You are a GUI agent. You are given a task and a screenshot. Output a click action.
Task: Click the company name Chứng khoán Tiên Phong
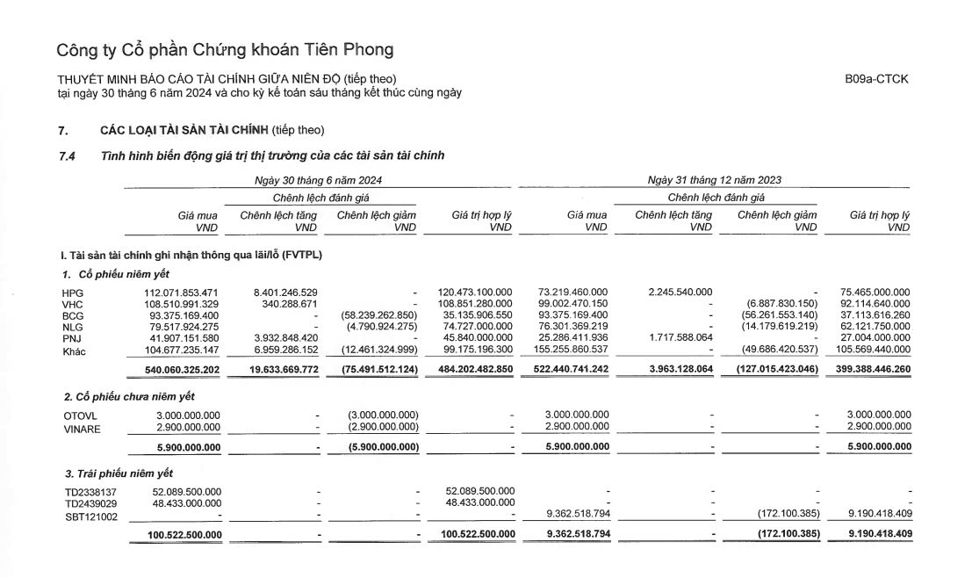(224, 49)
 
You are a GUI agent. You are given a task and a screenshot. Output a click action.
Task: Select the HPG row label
(72, 292)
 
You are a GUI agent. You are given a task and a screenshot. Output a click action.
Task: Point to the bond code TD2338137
(90, 491)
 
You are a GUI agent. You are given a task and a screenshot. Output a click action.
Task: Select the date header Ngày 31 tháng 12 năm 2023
(714, 180)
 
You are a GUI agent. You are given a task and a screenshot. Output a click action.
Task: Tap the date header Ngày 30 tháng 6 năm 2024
(317, 180)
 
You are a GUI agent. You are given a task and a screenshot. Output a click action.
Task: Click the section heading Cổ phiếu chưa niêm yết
(120, 397)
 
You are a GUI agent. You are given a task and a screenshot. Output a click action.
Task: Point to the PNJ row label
(71, 337)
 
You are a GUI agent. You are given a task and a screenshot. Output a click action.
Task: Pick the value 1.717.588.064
(673, 337)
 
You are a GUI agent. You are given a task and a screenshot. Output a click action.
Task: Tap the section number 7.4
(67, 155)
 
